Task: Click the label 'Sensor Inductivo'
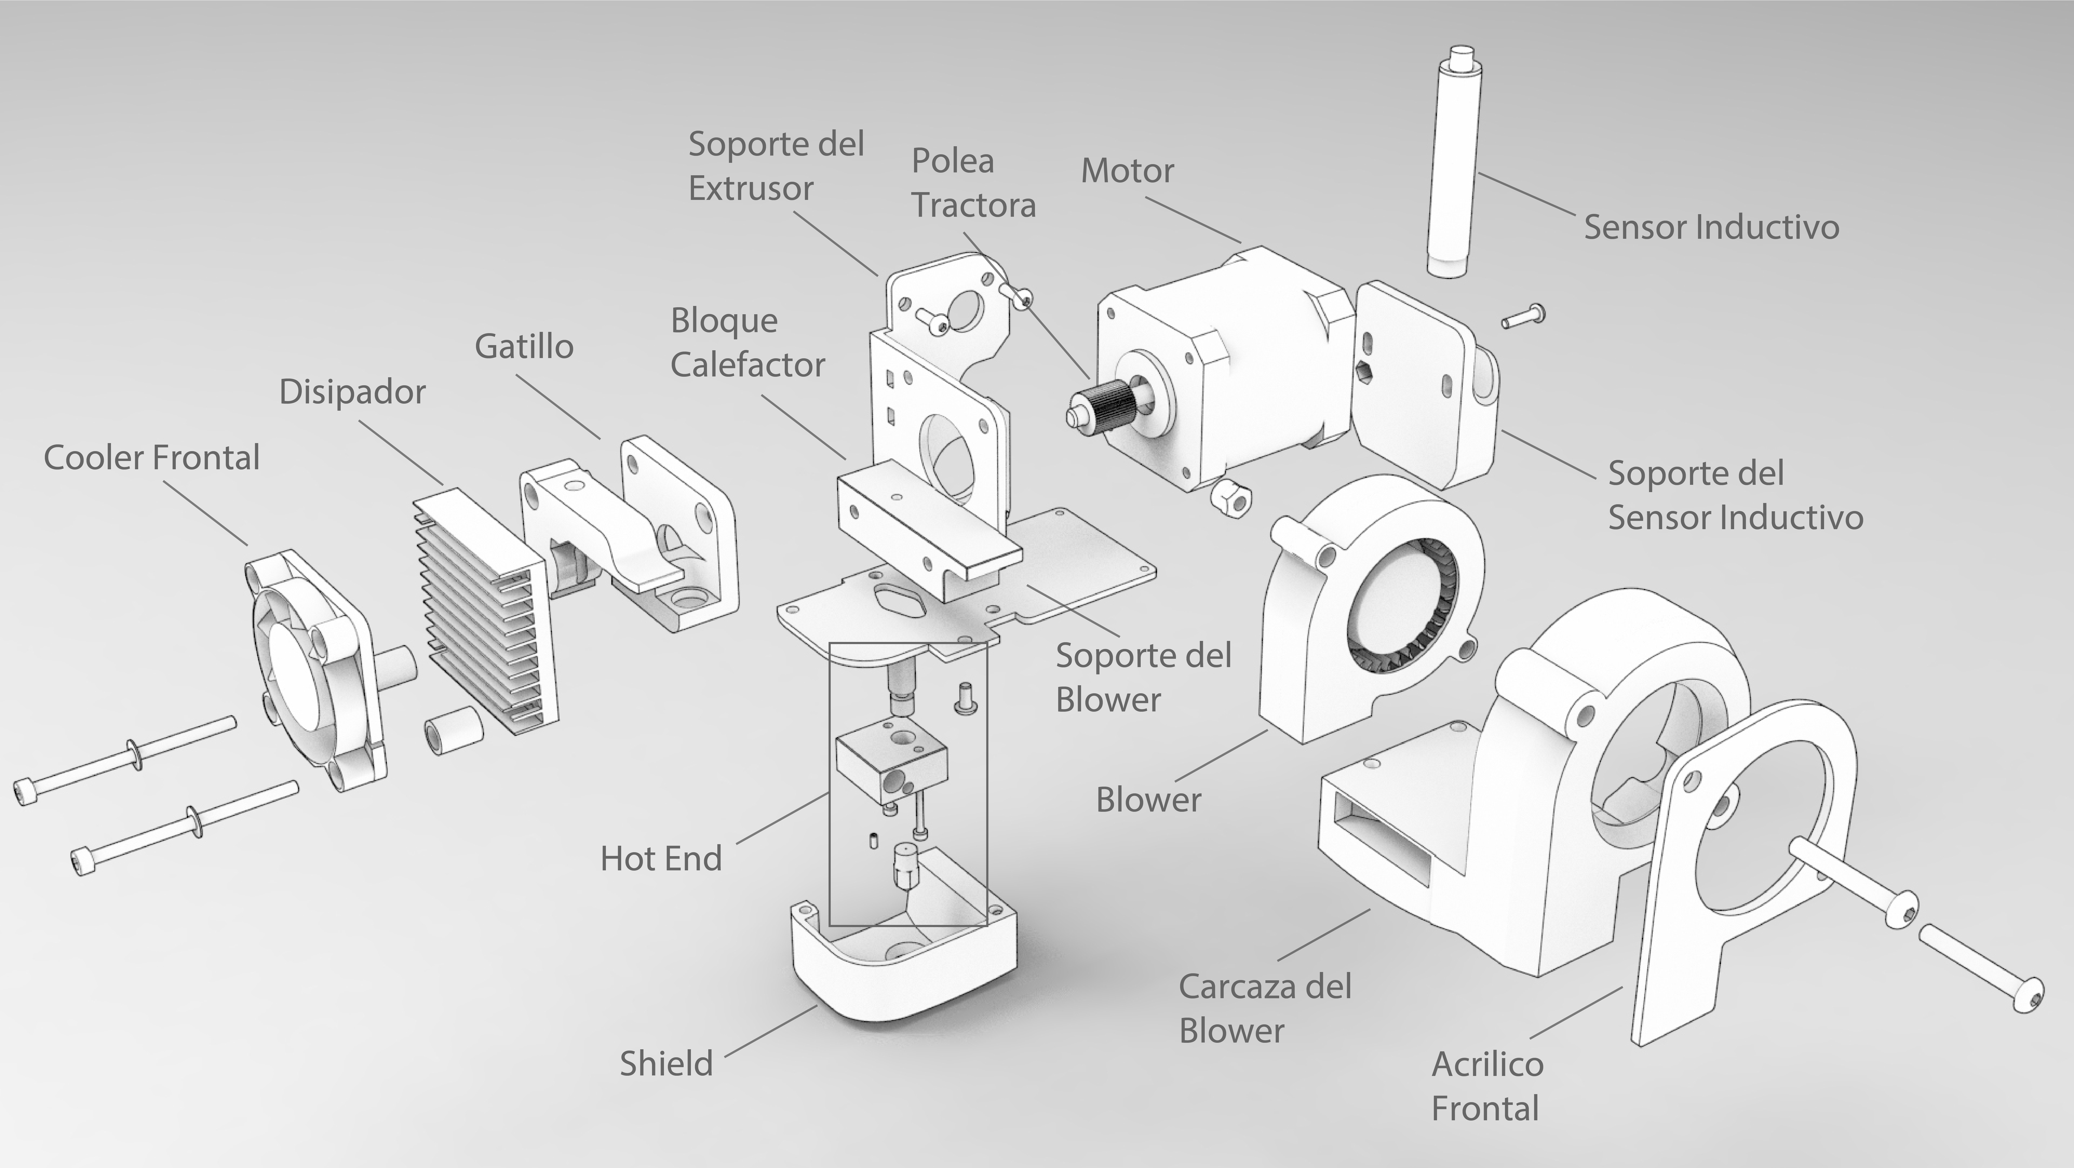click(x=1711, y=227)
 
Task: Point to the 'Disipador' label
click(x=352, y=392)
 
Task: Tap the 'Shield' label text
click(x=666, y=1063)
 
